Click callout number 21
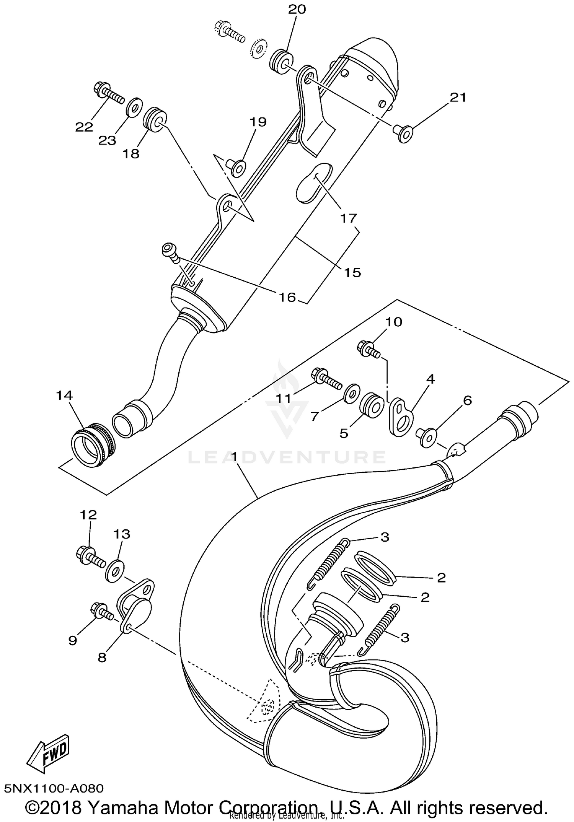pos(458,98)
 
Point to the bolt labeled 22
pos(107,92)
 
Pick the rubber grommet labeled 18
pos(155,119)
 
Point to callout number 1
pos(234,456)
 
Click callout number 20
pos(297,9)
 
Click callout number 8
pos(102,658)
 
